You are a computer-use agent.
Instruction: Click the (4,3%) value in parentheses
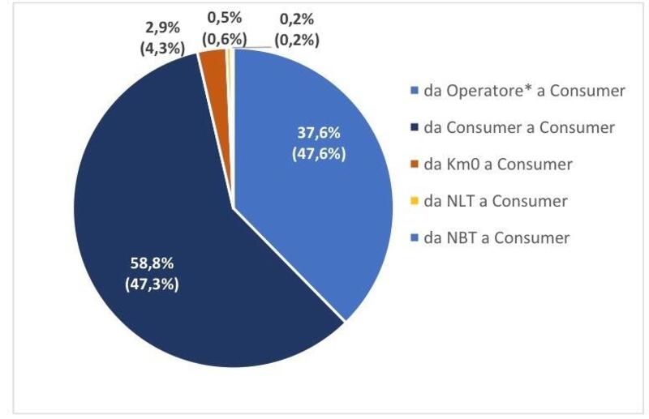click(161, 48)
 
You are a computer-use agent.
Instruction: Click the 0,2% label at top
click(297, 18)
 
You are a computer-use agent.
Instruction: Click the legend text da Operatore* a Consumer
click(524, 91)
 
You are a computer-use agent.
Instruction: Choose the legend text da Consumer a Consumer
click(519, 127)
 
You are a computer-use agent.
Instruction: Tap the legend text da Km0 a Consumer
click(498, 165)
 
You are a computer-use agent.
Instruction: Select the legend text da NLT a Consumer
click(495, 201)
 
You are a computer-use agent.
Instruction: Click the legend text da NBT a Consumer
click(496, 237)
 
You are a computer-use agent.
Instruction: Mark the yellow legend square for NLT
click(415, 201)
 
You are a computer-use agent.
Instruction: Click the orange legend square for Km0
click(415, 165)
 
